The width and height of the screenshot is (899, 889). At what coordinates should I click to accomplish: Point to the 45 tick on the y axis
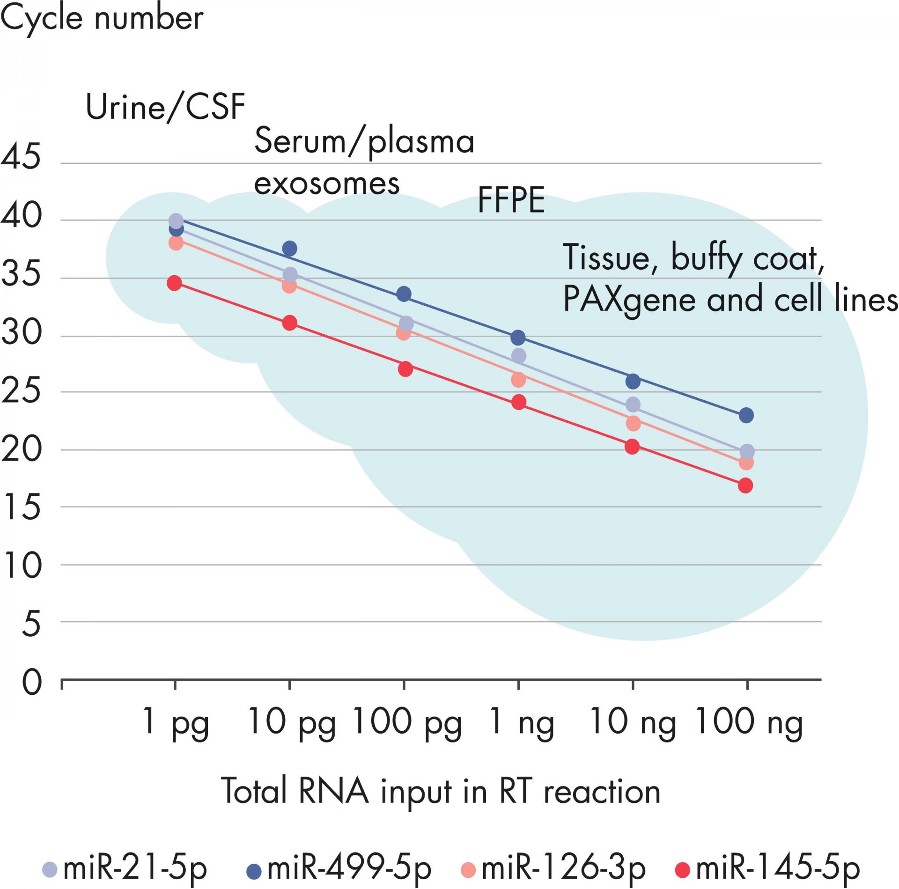(x=21, y=157)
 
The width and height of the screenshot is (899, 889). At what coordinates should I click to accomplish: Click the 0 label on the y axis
(x=32, y=683)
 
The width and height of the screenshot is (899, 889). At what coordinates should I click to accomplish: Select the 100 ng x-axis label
(x=748, y=721)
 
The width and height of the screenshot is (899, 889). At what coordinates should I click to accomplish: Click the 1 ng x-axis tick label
(x=521, y=721)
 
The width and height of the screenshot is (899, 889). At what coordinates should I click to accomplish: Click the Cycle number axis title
(x=102, y=19)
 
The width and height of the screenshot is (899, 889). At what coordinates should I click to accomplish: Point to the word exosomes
(x=327, y=184)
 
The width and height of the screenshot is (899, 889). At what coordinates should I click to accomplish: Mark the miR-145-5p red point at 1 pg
(x=175, y=283)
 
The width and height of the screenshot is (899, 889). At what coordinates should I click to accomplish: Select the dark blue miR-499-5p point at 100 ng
(x=746, y=415)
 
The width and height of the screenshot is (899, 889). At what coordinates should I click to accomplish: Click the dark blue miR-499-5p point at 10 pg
(x=290, y=249)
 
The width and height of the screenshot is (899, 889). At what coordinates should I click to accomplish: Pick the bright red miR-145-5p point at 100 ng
(x=745, y=485)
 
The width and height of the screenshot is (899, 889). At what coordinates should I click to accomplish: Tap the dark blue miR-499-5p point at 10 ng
(x=633, y=381)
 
